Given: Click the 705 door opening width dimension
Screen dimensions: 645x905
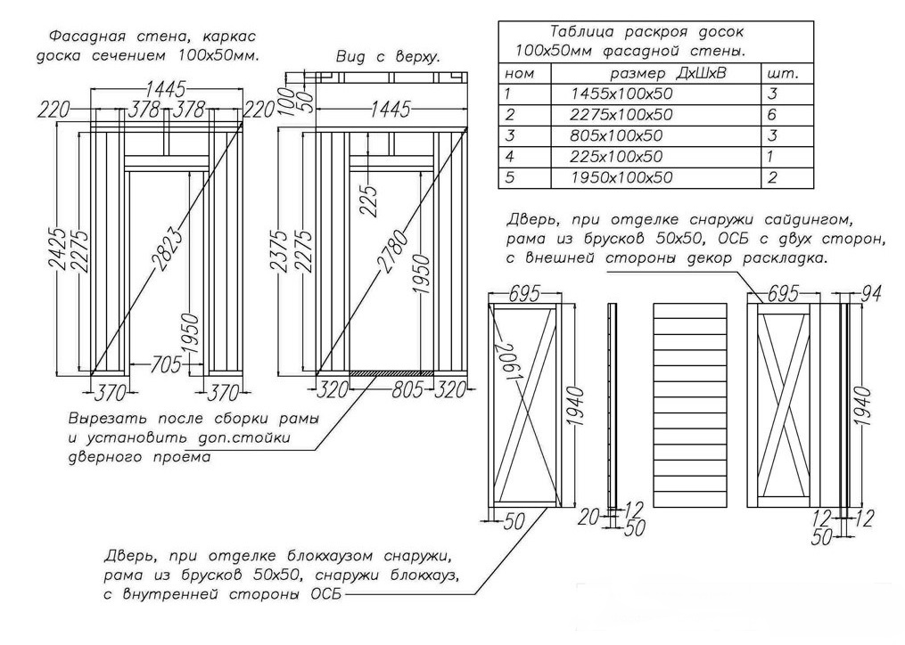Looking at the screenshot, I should (166, 363).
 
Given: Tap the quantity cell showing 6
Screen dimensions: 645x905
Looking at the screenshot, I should (772, 115).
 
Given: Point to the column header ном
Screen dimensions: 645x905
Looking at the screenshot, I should (519, 73).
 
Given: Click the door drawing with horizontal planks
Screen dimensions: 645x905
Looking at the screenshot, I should (692, 405).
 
